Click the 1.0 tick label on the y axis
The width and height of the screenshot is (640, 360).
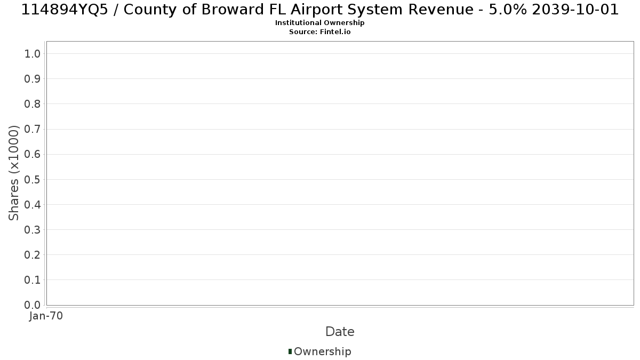pyautogui.click(x=33, y=54)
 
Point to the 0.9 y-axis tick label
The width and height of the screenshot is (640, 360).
pyautogui.click(x=33, y=79)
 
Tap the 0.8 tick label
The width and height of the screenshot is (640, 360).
pyautogui.click(x=33, y=104)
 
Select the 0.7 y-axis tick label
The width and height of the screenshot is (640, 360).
pyautogui.click(x=33, y=129)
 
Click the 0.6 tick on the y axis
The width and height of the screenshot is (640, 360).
pyautogui.click(x=33, y=154)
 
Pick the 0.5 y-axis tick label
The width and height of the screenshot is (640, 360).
pyautogui.click(x=33, y=179)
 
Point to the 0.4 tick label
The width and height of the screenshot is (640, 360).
pyautogui.click(x=33, y=205)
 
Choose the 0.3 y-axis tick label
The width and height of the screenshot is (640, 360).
pyautogui.click(x=33, y=230)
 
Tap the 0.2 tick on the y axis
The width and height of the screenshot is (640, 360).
pyautogui.click(x=33, y=255)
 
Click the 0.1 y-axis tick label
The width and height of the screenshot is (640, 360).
pyautogui.click(x=33, y=280)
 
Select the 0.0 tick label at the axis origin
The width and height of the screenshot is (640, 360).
pyautogui.click(x=33, y=305)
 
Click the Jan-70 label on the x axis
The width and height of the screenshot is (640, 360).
pyautogui.click(x=46, y=316)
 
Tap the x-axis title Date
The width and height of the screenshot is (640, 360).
pyautogui.click(x=340, y=332)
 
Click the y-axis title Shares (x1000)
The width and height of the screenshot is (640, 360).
pyautogui.click(x=14, y=173)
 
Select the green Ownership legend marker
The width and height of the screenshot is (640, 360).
pyautogui.click(x=290, y=351)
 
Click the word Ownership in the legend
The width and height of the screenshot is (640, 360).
pyautogui.click(x=323, y=351)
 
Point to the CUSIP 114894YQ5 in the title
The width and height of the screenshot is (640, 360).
pyautogui.click(x=65, y=10)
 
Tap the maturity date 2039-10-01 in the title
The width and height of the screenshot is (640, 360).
pyautogui.click(x=575, y=10)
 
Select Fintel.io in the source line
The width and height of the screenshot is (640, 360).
pyautogui.click(x=335, y=31)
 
